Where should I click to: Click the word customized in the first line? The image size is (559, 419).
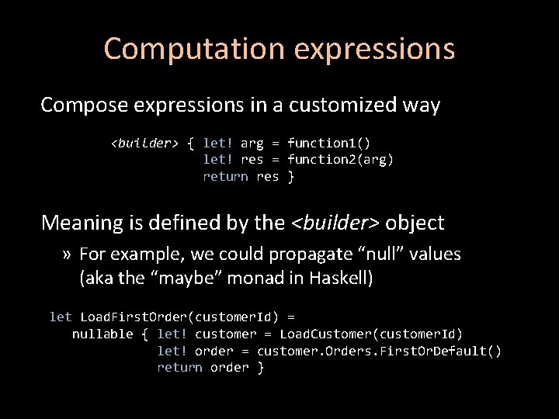pyautogui.click(x=327, y=105)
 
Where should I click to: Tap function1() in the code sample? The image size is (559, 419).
pyautogui.click(x=328, y=143)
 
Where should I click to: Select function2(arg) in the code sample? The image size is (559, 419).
pyautogui.click(x=340, y=160)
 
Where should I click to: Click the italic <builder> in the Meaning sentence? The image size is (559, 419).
pyautogui.click(x=335, y=223)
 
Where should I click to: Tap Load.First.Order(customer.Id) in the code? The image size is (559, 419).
pyautogui.click(x=187, y=317)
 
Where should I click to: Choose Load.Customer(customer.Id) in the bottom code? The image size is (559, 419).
pyautogui.click(x=371, y=334)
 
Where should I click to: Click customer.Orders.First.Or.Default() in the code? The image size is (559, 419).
pyautogui.click(x=379, y=351)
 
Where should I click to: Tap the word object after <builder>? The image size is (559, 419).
pyautogui.click(x=415, y=223)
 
